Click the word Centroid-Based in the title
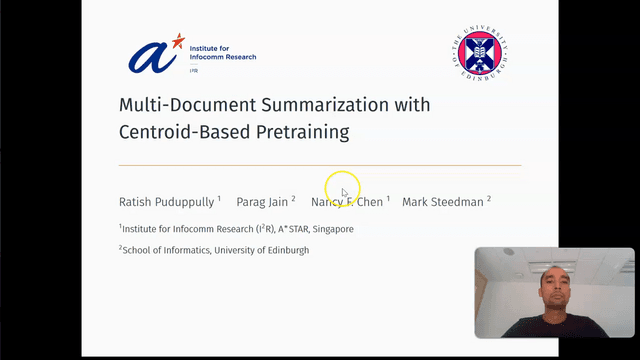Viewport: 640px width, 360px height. [178, 131]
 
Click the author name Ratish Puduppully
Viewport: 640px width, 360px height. [166, 202]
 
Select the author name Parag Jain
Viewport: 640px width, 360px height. [262, 202]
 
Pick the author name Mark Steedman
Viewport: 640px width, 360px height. [443, 202]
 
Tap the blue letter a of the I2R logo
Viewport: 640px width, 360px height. [150, 58]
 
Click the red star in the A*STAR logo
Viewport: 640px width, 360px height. [178, 41]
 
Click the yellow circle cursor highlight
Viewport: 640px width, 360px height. [342, 187]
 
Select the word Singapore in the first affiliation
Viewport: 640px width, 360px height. [332, 229]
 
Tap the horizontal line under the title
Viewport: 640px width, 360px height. [320, 165]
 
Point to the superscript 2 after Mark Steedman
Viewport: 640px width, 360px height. [489, 199]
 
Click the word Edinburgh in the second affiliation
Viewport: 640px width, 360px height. [287, 250]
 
